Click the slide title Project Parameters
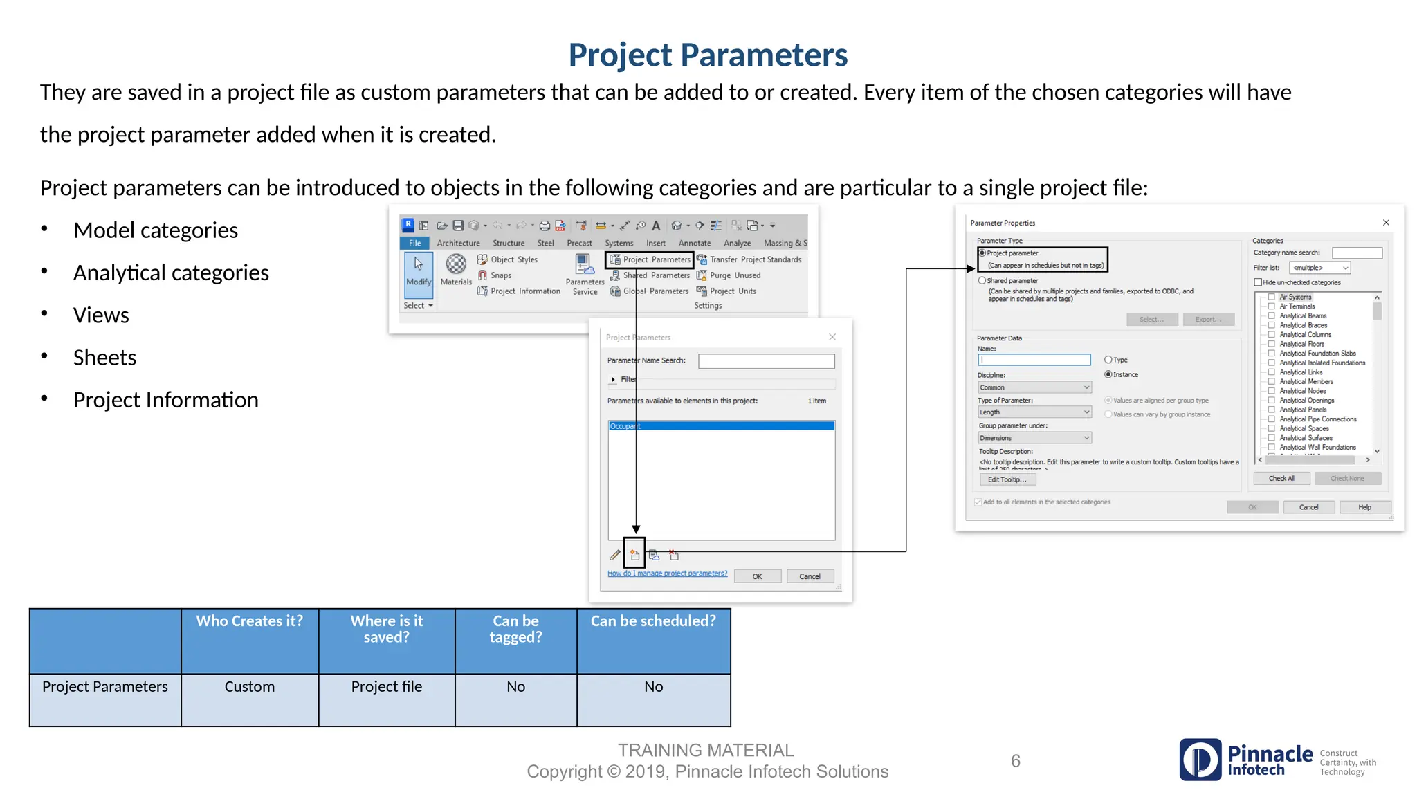tap(708, 55)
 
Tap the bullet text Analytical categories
tap(171, 273)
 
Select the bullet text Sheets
tap(104, 358)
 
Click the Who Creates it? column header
tap(249, 621)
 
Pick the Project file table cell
tap(386, 686)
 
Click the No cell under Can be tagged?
tap(515, 686)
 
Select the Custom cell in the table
tap(249, 686)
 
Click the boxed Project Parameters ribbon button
tap(650, 259)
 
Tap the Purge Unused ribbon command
tap(734, 275)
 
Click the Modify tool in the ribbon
tap(418, 271)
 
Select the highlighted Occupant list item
tap(721, 426)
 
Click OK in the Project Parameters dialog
tap(757, 576)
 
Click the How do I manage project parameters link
tap(667, 574)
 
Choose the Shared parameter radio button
tap(982, 281)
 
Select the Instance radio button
tap(1108, 374)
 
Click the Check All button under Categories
tap(1281, 478)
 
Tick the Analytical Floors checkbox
tap(1271, 344)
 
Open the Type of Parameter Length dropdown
tap(1034, 412)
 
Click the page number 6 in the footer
tap(1015, 761)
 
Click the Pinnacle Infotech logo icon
tap(1200, 760)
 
